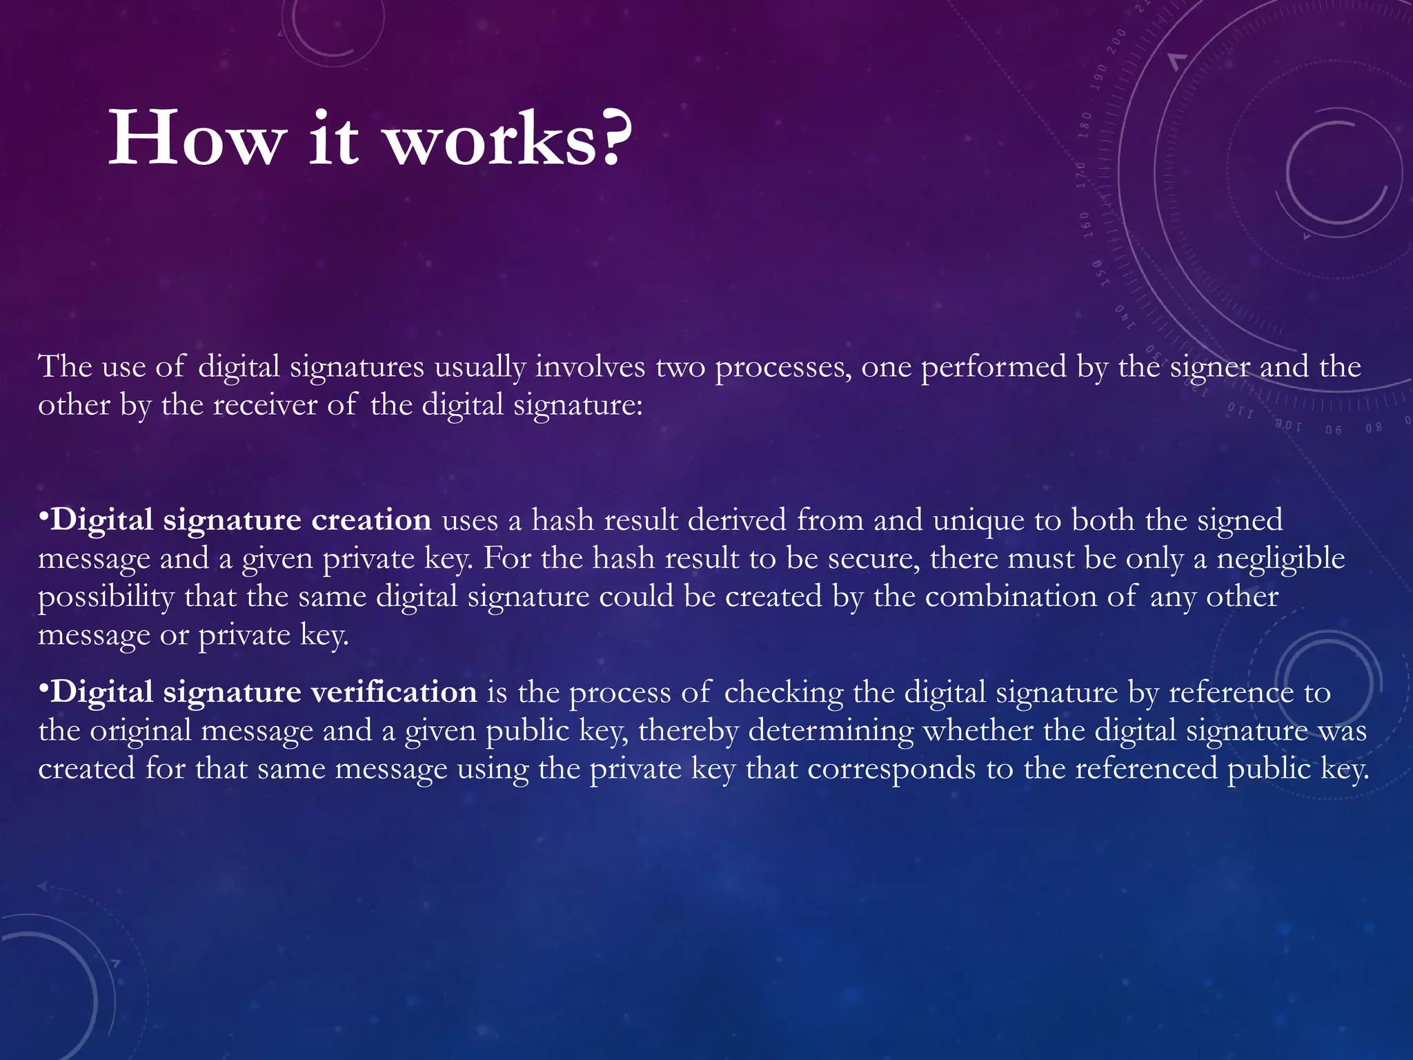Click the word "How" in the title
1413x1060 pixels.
197,139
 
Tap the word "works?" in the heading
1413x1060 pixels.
507,139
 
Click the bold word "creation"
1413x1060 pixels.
371,520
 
